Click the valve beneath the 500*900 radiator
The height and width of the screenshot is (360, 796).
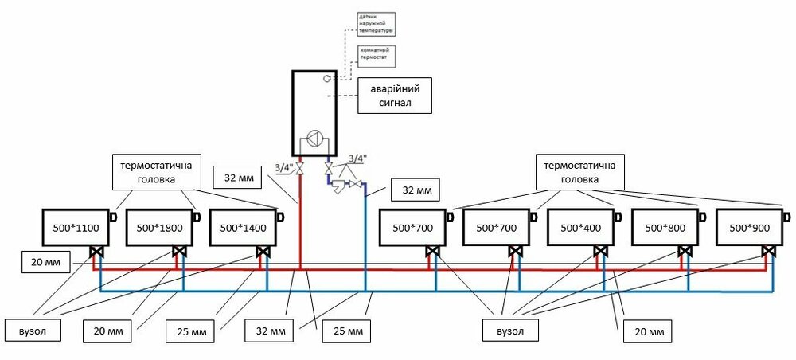point(769,252)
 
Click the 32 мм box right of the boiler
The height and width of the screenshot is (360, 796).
point(414,190)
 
